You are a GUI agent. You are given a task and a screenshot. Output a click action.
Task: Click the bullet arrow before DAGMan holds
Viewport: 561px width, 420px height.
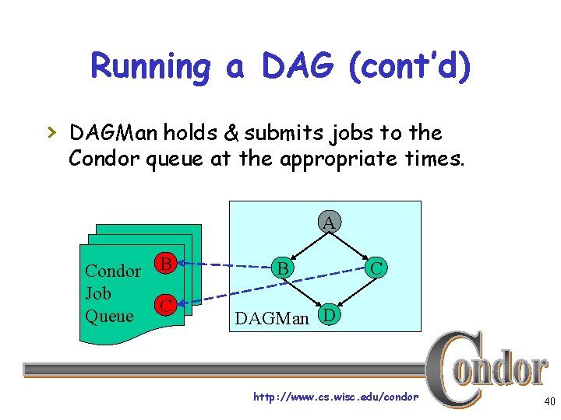52,133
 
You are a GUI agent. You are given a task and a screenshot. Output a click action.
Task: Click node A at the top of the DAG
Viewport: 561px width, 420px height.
329,223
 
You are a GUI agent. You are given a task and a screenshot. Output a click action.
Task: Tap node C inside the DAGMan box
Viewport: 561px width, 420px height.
376,268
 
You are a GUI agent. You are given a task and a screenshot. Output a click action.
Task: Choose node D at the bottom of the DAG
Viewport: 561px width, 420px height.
329,316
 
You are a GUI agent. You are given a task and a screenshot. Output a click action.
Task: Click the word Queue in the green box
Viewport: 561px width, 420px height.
109,316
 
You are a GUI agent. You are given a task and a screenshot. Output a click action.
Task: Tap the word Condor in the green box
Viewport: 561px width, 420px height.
112,271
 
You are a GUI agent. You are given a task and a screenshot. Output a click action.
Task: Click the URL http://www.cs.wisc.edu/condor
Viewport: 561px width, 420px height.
335,397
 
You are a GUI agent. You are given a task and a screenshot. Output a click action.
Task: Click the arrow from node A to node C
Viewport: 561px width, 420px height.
354,246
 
